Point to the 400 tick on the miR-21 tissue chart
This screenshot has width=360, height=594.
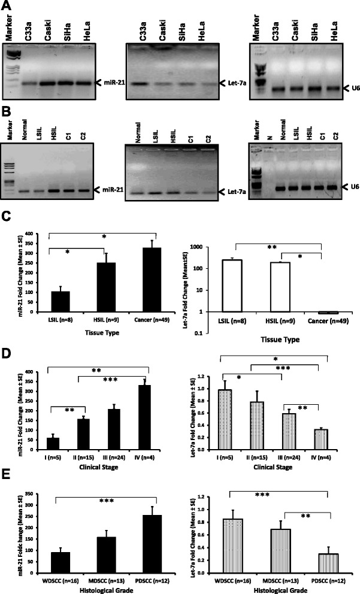click(28, 228)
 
